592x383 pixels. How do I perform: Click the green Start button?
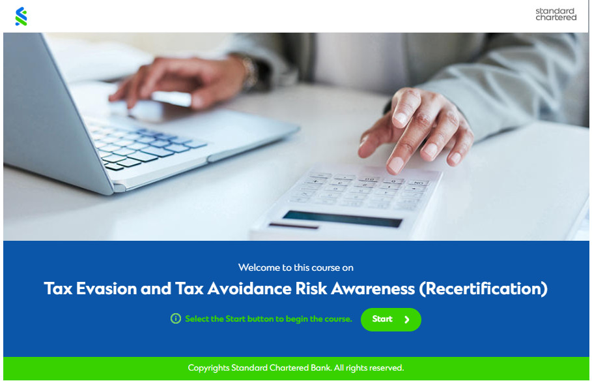click(391, 320)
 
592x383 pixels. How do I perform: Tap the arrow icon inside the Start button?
click(407, 320)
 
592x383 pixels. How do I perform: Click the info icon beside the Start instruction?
click(176, 318)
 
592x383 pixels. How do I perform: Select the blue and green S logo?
click(21, 16)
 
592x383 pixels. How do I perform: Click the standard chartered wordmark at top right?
click(556, 14)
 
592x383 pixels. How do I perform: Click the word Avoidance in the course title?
click(249, 289)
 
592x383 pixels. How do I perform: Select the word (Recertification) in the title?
click(483, 289)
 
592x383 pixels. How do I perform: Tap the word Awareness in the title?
click(373, 289)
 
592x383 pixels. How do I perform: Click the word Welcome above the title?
click(255, 268)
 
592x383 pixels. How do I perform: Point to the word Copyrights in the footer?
click(208, 368)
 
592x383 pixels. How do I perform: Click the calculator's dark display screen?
click(343, 219)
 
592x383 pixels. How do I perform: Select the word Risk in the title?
click(311, 289)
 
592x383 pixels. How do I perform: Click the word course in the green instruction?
click(337, 318)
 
